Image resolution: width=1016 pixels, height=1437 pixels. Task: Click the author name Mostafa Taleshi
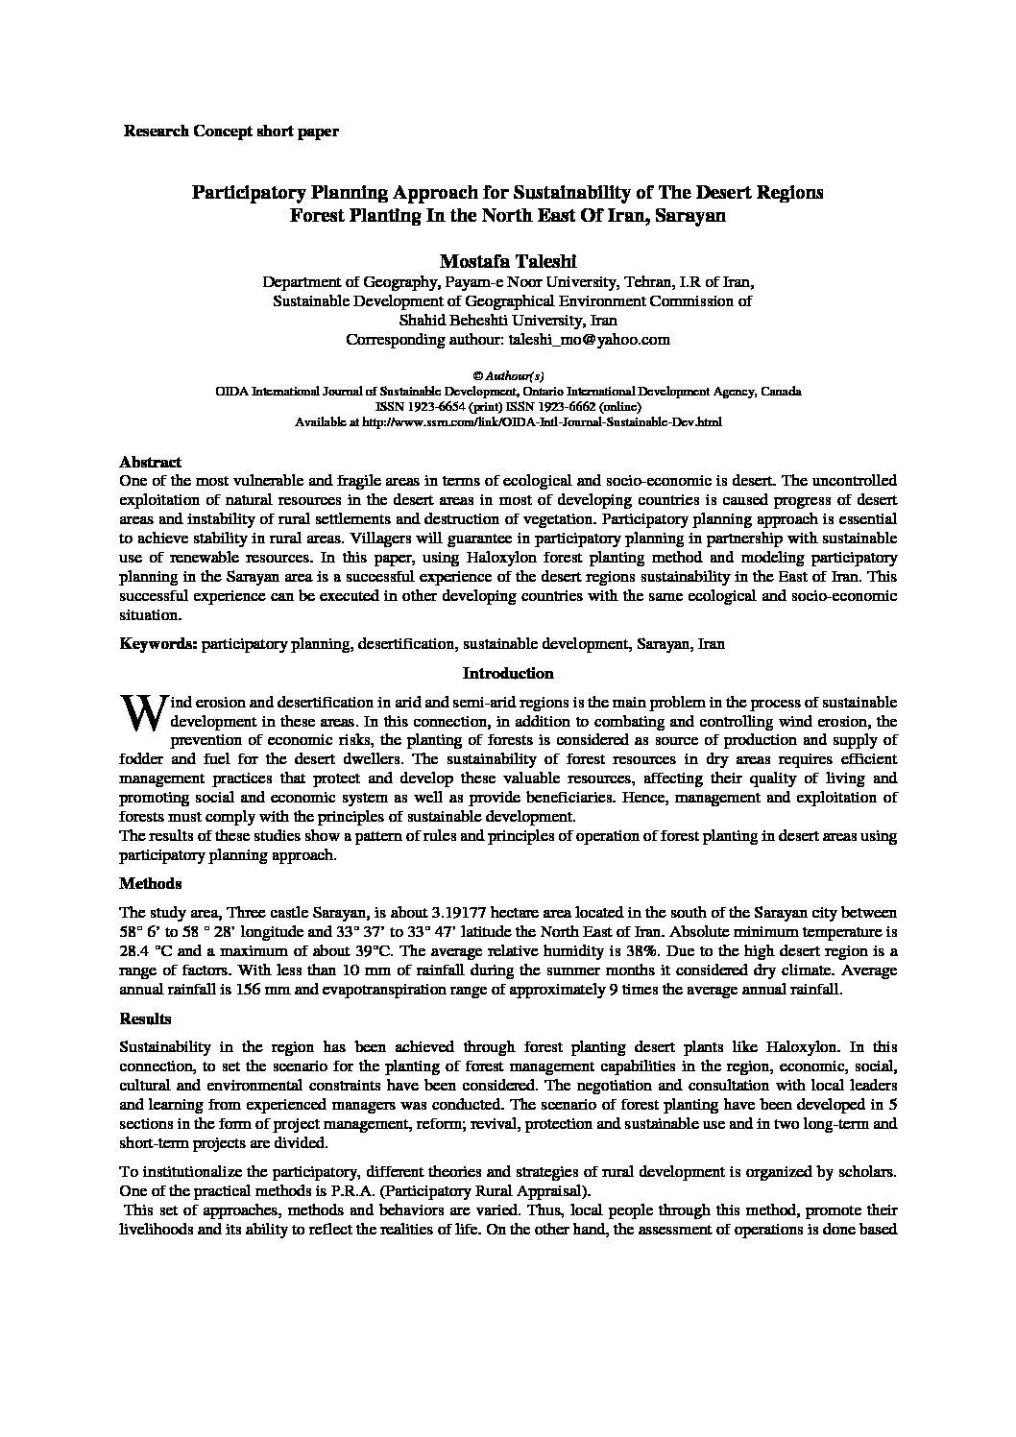coord(507,261)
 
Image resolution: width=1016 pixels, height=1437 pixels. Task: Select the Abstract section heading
coord(150,462)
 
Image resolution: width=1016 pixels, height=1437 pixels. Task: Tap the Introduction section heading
coord(508,674)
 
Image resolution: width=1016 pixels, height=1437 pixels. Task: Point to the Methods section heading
coord(150,883)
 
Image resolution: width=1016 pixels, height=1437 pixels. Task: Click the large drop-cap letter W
coord(142,712)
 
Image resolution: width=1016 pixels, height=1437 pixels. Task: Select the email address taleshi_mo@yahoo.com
coord(589,340)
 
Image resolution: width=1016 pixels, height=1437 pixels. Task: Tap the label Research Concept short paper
coord(230,132)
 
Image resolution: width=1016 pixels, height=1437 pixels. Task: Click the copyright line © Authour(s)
coord(508,376)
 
